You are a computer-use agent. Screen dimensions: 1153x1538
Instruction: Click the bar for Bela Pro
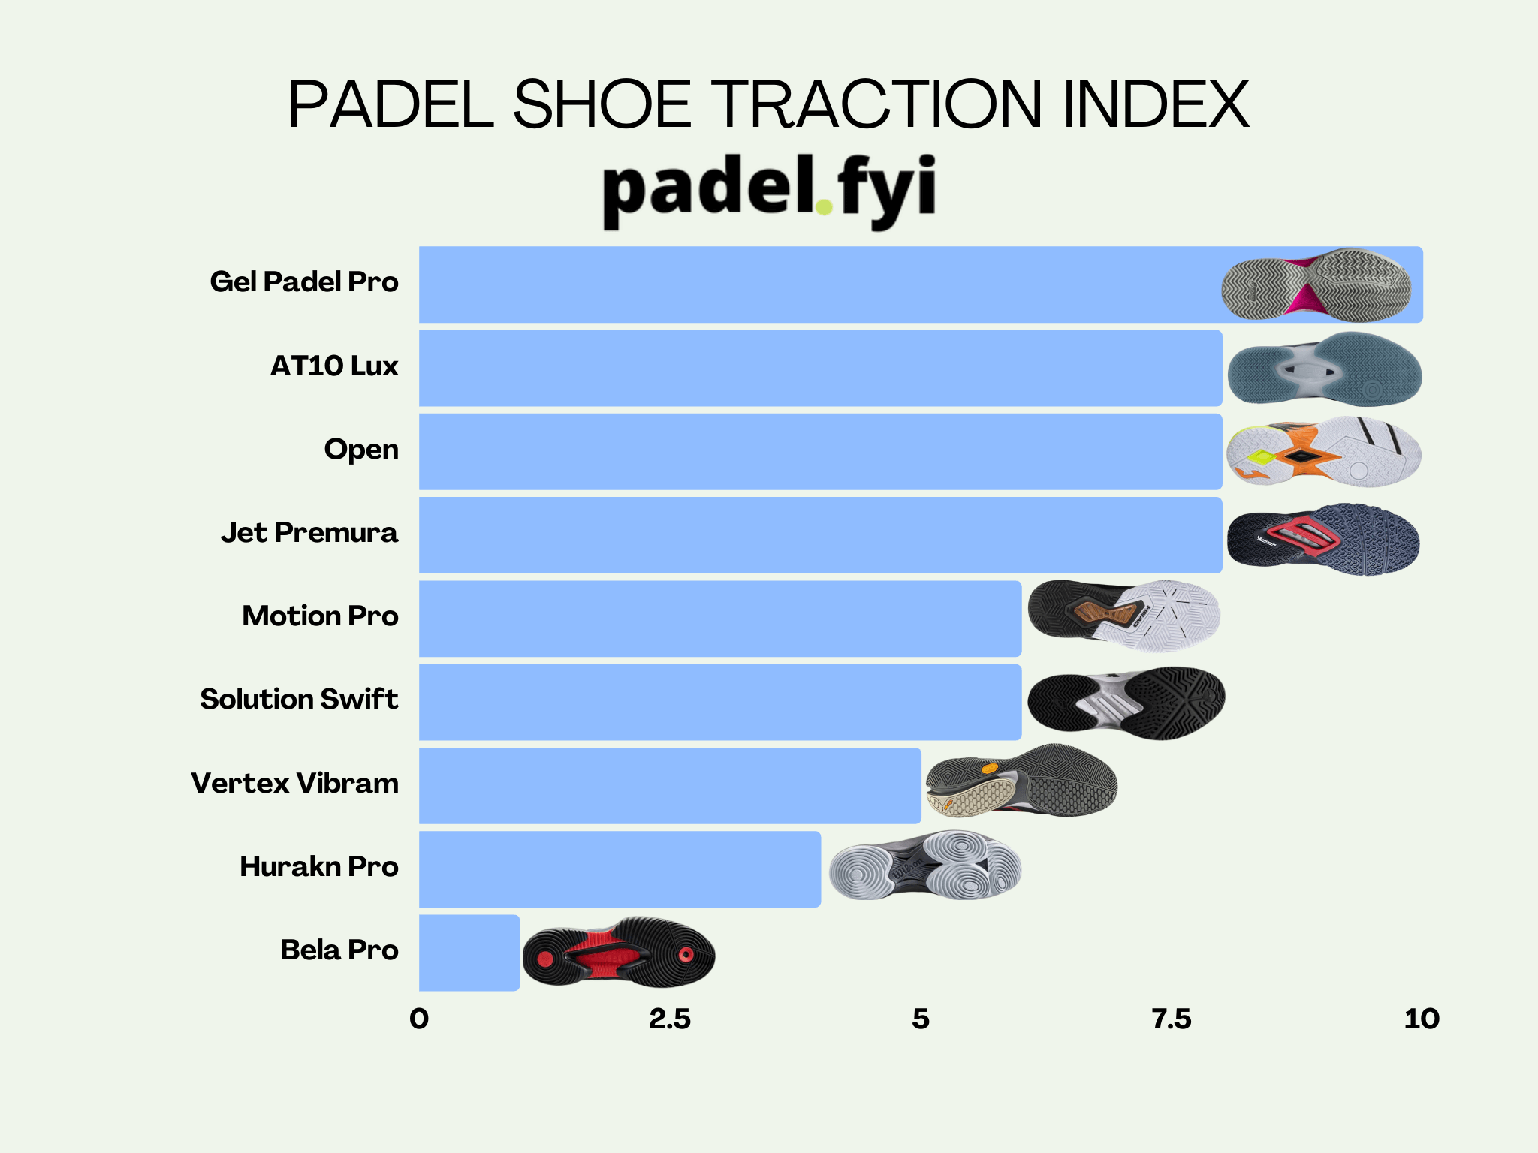pyautogui.click(x=469, y=952)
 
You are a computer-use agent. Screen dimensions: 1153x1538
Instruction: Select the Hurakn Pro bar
pyautogui.click(x=620, y=869)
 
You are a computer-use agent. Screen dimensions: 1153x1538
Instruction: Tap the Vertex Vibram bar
pyautogui.click(x=670, y=785)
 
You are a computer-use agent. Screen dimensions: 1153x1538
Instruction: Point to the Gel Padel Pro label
pyautogui.click(x=304, y=282)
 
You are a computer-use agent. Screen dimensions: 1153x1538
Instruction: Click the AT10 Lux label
pyautogui.click(x=334, y=366)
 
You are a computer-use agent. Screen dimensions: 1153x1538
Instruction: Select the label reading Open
pyautogui.click(x=361, y=450)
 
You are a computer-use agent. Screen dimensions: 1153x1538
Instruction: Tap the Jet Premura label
pyautogui.click(x=309, y=533)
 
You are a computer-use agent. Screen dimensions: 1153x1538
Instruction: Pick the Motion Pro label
pyautogui.click(x=320, y=616)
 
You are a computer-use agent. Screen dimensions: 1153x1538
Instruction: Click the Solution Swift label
pyautogui.click(x=299, y=700)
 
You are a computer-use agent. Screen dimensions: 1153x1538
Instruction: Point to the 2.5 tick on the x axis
pyautogui.click(x=670, y=1019)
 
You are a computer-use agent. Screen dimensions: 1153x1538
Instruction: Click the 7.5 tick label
pyautogui.click(x=1172, y=1019)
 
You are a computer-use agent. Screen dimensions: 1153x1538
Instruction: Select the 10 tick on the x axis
pyautogui.click(x=1422, y=1019)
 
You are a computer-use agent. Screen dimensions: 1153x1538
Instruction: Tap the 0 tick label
pyautogui.click(x=419, y=1019)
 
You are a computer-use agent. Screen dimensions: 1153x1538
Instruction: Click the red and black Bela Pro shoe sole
pyautogui.click(x=619, y=953)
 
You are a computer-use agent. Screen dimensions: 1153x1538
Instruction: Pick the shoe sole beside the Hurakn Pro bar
pyautogui.click(x=925, y=866)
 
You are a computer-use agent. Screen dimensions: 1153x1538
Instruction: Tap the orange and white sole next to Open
pyautogui.click(x=1324, y=452)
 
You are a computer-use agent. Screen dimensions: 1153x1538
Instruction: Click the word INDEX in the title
pyautogui.click(x=1157, y=105)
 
